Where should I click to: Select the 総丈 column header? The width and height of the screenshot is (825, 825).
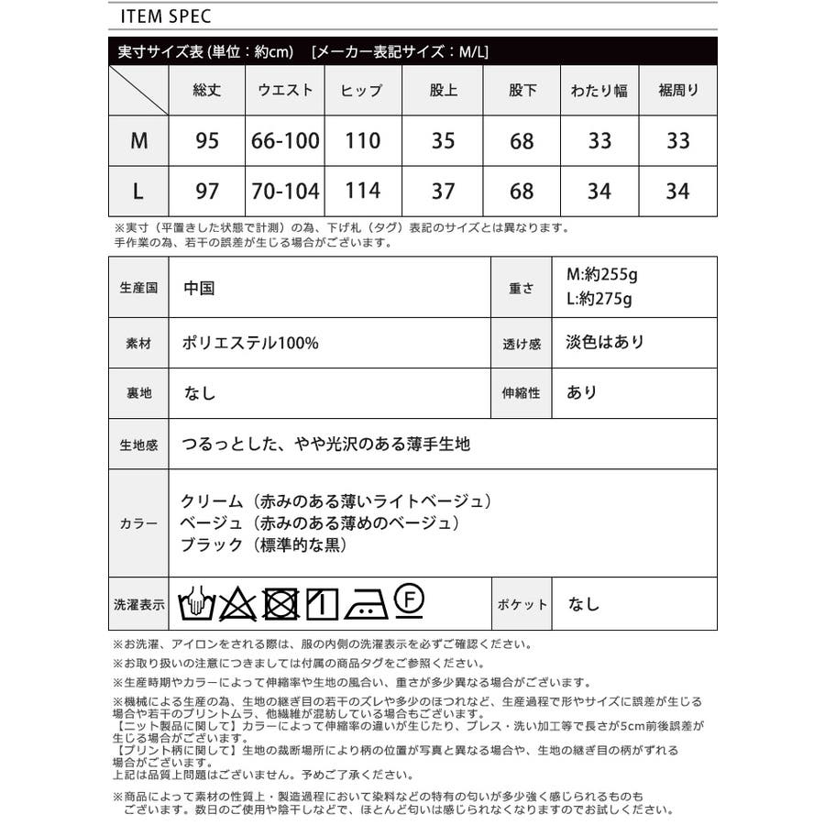click(x=207, y=90)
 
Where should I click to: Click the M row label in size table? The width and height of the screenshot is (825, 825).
click(x=138, y=140)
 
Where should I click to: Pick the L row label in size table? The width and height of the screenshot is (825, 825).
click(x=138, y=192)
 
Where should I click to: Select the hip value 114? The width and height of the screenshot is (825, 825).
click(x=362, y=192)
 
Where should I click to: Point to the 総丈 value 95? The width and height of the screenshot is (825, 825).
click(x=207, y=140)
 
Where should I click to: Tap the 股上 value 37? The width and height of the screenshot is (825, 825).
click(x=443, y=192)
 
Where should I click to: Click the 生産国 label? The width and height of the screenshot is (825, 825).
click(x=138, y=288)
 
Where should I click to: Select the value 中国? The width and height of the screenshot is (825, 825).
click(x=198, y=288)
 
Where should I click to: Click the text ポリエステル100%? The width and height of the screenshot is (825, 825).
click(x=250, y=343)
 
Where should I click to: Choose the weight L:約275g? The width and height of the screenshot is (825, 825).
click(x=599, y=299)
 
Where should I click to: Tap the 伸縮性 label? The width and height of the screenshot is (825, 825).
click(x=522, y=392)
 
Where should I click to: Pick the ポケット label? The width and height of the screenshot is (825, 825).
click(x=522, y=604)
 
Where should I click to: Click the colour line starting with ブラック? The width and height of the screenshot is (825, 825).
click(x=265, y=545)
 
